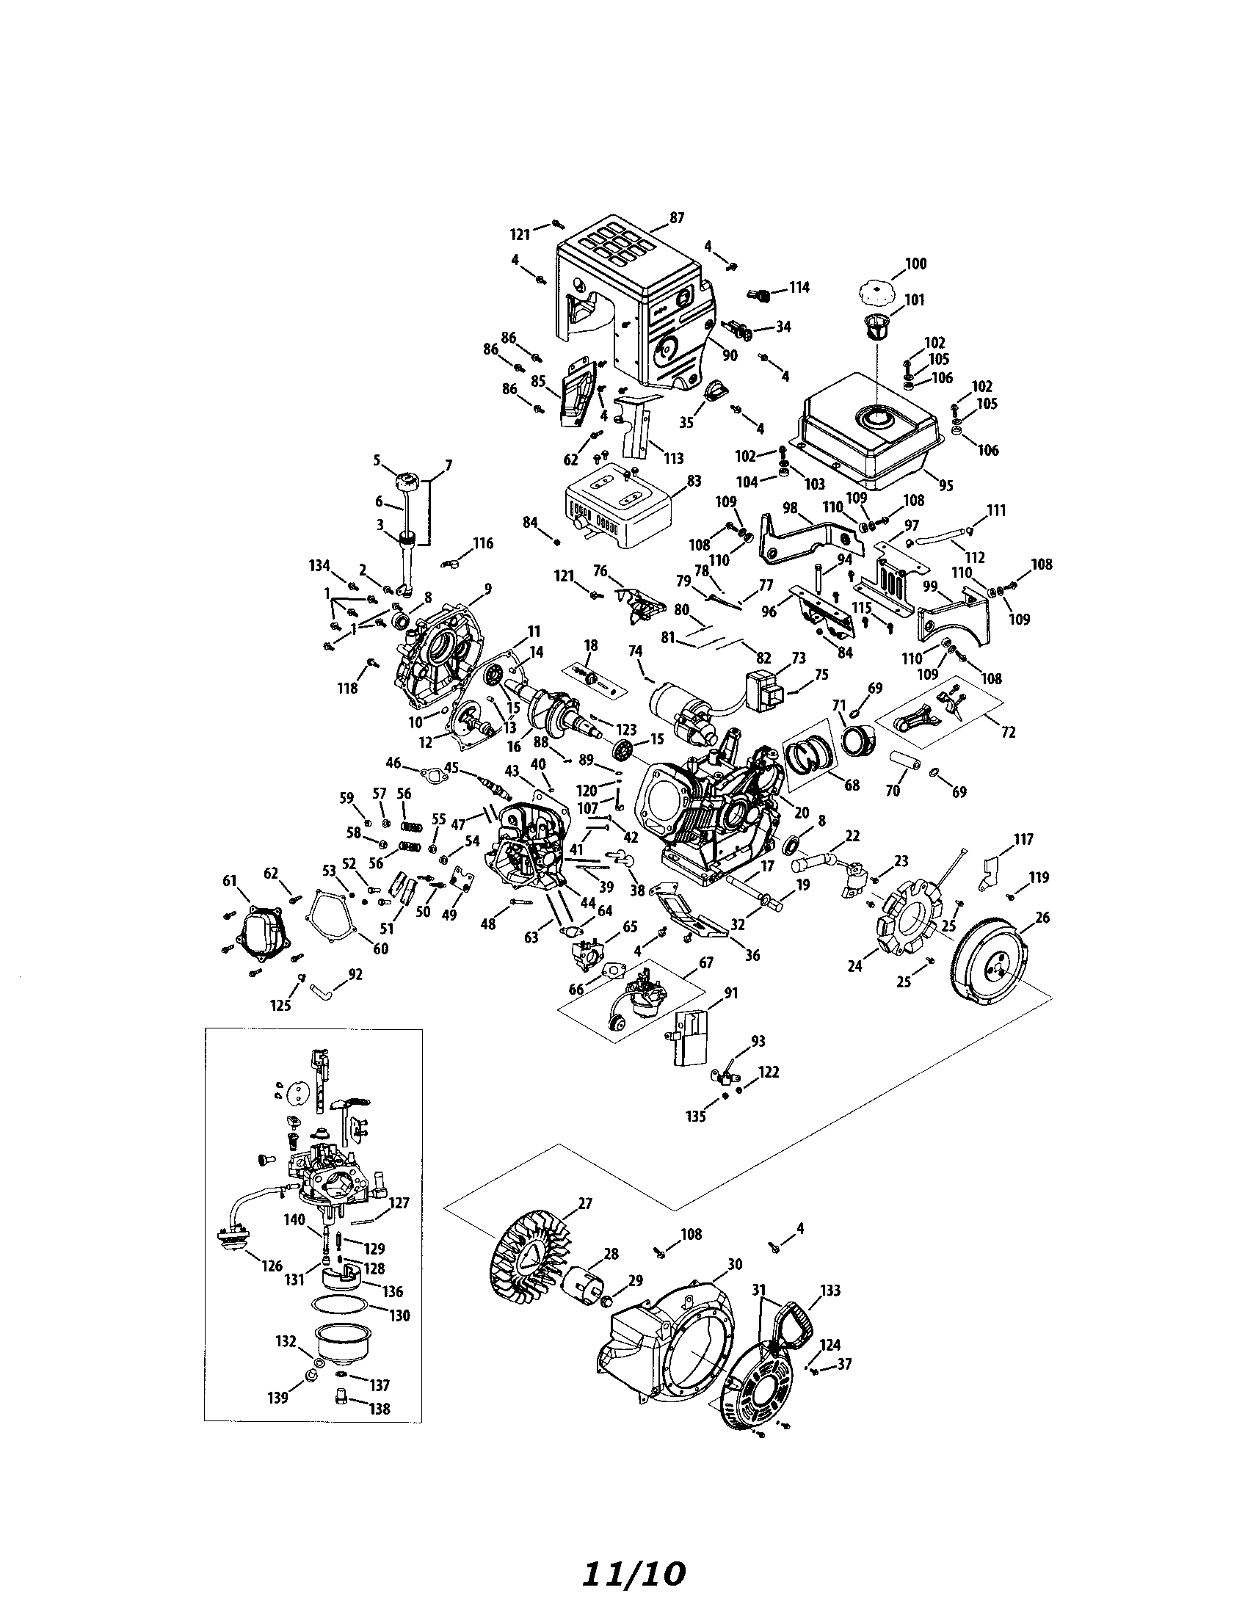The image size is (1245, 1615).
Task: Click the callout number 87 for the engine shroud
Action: click(x=676, y=217)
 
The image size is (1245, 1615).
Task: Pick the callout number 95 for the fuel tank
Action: click(x=945, y=485)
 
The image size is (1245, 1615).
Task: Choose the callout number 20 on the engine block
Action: click(x=802, y=812)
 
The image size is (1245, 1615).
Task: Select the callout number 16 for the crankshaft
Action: click(x=515, y=747)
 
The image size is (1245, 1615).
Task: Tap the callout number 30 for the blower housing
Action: click(x=734, y=1264)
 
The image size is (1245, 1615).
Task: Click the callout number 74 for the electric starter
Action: click(x=635, y=650)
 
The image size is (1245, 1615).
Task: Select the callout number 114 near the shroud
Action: click(x=799, y=287)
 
